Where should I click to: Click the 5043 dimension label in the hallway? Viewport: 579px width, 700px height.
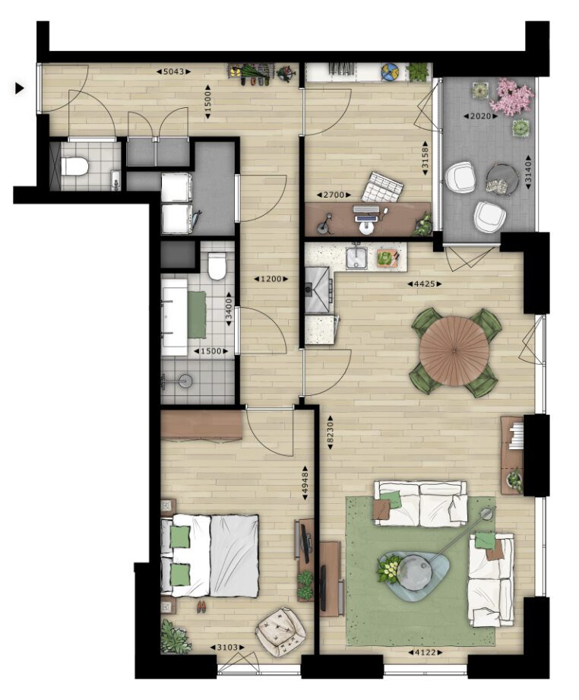pyautogui.click(x=173, y=71)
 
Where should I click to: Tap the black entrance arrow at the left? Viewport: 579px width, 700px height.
pyautogui.click(x=19, y=88)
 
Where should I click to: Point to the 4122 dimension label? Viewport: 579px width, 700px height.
pyautogui.click(x=425, y=652)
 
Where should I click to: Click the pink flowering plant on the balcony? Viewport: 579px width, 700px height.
pyautogui.click(x=511, y=97)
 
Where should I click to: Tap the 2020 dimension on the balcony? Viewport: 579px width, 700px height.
pyautogui.click(x=480, y=116)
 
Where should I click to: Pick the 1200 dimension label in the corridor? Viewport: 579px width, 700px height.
pyautogui.click(x=271, y=279)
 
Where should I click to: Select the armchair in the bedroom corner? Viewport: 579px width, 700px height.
pyautogui.click(x=280, y=632)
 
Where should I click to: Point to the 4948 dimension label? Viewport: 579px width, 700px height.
pyautogui.click(x=305, y=483)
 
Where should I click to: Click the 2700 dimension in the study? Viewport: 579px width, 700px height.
pyautogui.click(x=334, y=195)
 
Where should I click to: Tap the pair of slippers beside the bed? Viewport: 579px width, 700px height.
pyautogui.click(x=201, y=607)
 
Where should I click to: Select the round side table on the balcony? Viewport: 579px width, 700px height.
pyautogui.click(x=501, y=179)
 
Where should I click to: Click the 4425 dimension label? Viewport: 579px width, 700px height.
pyautogui.click(x=424, y=283)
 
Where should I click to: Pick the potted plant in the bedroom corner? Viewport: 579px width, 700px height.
pyautogui.click(x=175, y=635)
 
